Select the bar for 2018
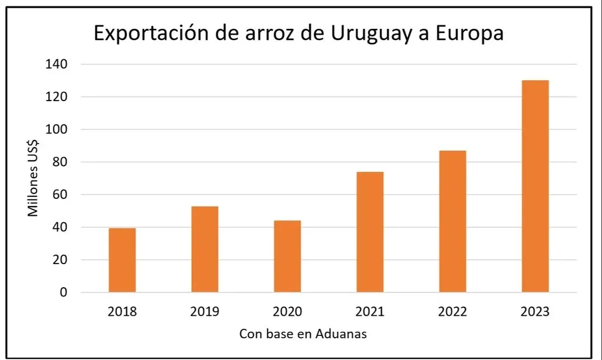(122, 260)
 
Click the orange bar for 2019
(205, 249)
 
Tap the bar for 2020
(287, 256)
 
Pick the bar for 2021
(370, 232)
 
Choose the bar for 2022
(453, 221)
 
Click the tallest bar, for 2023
(535, 186)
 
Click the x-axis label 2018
(122, 311)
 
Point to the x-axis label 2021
(370, 311)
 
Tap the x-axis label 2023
(535, 311)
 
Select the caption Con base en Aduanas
(303, 334)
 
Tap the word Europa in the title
(467, 34)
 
